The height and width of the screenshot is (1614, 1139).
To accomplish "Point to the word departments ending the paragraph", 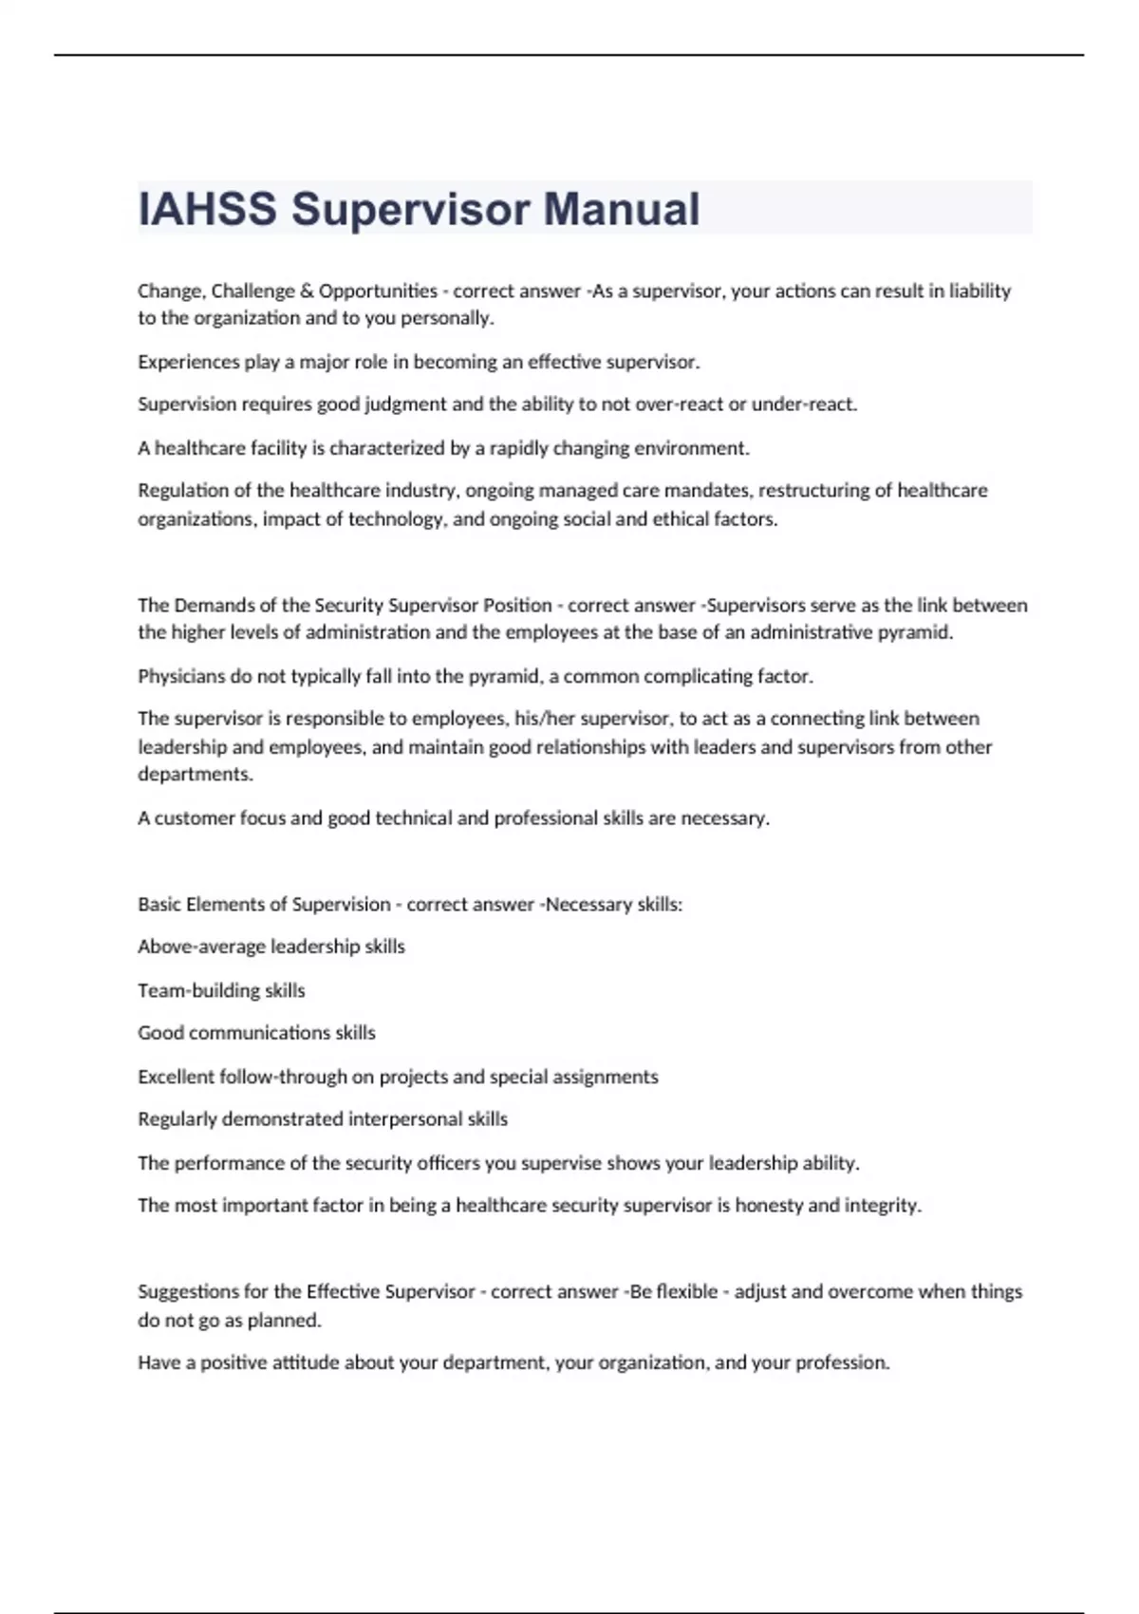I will coord(195,774).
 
